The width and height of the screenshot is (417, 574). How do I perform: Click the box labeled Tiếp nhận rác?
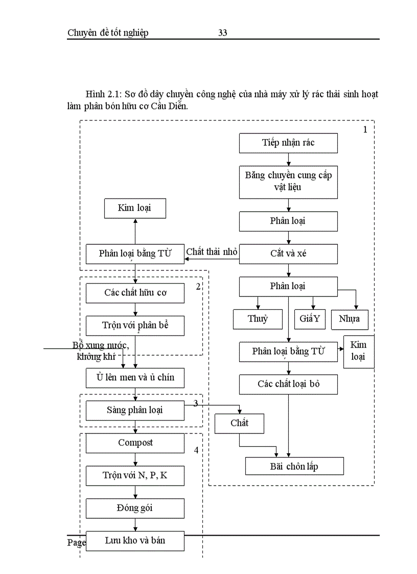[288, 143]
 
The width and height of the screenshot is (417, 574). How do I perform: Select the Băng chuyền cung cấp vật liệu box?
[288, 181]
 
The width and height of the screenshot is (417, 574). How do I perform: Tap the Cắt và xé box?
[288, 254]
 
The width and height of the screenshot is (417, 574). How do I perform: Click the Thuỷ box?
[258, 319]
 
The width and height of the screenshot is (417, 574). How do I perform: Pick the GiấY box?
[310, 319]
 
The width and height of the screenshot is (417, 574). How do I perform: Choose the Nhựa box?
[349, 319]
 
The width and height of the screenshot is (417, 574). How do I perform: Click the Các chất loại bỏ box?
[288, 384]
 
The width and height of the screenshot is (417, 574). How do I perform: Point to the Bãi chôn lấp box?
[294, 466]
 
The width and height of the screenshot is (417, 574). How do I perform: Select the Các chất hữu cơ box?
[135, 293]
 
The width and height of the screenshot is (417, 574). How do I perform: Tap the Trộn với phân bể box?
[135, 326]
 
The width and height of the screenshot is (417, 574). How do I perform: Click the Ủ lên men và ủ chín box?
[135, 378]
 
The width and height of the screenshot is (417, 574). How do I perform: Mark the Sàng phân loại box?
[135, 410]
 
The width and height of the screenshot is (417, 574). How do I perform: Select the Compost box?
[135, 443]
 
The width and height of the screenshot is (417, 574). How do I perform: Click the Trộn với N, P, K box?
[135, 476]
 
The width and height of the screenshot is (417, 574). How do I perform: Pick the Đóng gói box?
[135, 509]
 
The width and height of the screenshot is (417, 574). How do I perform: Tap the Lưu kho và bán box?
[135, 541]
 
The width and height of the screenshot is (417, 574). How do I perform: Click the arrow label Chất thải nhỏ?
[212, 251]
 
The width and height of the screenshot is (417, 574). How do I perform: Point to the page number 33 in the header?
[223, 33]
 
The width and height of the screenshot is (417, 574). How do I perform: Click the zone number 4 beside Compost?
[196, 450]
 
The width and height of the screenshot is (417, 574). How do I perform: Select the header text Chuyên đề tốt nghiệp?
[108, 33]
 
